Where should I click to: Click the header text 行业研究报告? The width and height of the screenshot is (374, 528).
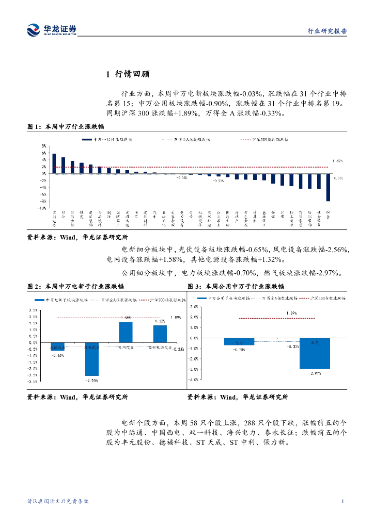[x=327, y=31]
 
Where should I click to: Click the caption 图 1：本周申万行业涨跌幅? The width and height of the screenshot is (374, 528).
[x=66, y=126]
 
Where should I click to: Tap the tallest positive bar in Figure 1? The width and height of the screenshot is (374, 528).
[x=54, y=163]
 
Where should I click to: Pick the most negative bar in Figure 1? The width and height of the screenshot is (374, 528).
[x=328, y=187]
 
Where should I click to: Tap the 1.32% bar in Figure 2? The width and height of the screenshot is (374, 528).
[x=160, y=334]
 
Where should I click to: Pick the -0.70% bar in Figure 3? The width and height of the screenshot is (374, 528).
[x=239, y=341]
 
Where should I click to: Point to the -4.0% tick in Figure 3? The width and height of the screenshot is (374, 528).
[x=195, y=379]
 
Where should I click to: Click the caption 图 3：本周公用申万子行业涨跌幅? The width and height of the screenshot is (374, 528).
[x=236, y=286]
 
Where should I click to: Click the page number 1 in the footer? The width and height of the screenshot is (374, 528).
[x=343, y=501]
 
